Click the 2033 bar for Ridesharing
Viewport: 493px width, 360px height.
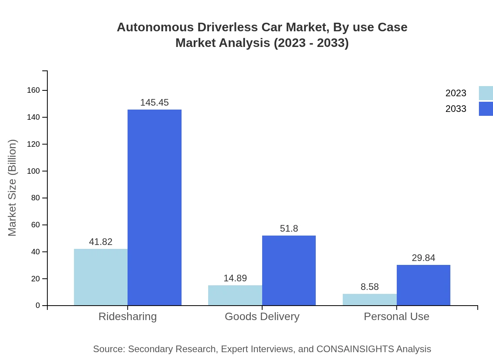(x=155, y=207)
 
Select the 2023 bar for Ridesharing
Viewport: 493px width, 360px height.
(x=101, y=277)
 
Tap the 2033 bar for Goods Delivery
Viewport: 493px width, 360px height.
(x=289, y=270)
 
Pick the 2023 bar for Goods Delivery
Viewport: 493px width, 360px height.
(x=235, y=295)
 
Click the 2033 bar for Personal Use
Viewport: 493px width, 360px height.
(x=423, y=285)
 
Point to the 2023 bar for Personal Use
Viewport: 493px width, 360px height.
(x=370, y=300)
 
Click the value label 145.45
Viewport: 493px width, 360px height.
(x=155, y=103)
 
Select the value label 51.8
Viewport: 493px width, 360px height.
(x=289, y=229)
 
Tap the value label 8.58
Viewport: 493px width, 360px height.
(x=370, y=287)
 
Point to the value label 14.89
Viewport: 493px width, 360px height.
(x=235, y=278)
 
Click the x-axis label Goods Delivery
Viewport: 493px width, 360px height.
(x=262, y=316)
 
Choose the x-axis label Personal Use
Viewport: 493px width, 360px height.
(x=396, y=316)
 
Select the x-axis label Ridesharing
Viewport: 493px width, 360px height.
(x=128, y=316)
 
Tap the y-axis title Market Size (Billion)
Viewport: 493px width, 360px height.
(x=13, y=188)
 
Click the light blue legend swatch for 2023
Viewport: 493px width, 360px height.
(x=486, y=93)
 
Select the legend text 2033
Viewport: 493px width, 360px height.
(x=456, y=109)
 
